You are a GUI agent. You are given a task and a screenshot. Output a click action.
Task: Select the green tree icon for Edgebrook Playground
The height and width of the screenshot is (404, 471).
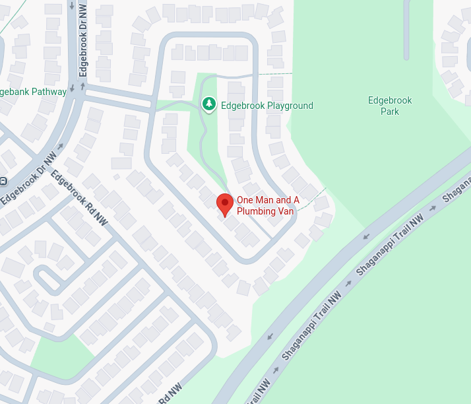[209, 104]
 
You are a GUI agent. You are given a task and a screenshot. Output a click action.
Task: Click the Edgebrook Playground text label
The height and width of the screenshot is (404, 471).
[267, 106]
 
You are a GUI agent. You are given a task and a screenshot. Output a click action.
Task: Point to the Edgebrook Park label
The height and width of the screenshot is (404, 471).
[390, 106]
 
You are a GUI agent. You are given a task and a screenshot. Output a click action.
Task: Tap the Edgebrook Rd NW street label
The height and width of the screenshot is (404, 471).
[78, 199]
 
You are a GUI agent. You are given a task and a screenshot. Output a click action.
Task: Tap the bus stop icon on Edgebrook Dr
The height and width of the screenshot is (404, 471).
[3, 181]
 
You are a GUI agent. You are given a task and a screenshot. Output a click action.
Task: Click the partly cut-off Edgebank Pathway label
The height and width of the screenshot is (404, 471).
[33, 92]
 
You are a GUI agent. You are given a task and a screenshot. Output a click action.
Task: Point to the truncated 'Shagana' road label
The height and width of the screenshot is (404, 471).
[457, 187]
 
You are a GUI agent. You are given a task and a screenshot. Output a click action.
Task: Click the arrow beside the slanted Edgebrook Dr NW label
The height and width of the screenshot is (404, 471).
[61, 147]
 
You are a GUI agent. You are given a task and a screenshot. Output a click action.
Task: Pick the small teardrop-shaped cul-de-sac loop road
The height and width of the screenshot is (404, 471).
[49, 279]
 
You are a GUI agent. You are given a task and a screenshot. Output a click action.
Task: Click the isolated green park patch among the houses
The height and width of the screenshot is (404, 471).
[63, 353]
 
